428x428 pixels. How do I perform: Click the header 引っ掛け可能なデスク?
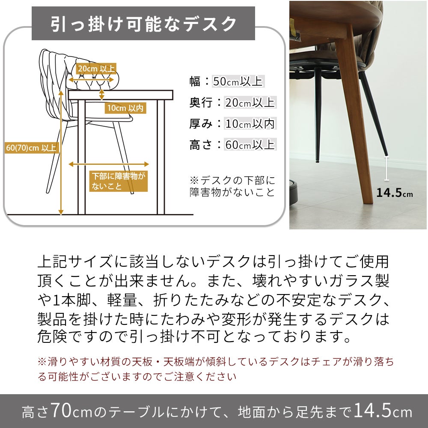pos(143,24)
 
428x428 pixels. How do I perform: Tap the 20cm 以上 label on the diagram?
pos(96,68)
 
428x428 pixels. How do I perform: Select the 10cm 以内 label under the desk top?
pos(125,108)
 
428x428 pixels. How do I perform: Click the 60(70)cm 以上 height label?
pos(32,148)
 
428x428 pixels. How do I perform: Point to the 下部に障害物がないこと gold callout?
pos(119,181)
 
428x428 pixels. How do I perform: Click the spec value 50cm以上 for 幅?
pos(238,81)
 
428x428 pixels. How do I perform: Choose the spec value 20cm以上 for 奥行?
pos(250,102)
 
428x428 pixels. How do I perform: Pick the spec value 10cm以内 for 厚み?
pos(250,123)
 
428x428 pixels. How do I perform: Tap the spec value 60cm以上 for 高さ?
pos(250,144)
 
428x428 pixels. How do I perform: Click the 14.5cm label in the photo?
pos(395,193)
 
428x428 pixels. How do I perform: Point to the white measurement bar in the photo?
pos(386,168)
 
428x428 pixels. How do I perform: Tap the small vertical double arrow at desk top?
pos(101,94)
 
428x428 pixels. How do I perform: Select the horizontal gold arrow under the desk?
pos(109,164)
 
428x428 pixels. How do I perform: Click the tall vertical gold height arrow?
pos(61,153)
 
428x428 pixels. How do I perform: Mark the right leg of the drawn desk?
pos(161,157)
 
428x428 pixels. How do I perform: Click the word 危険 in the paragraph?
pos(52,336)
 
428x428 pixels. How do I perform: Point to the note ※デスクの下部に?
pos(232,181)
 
